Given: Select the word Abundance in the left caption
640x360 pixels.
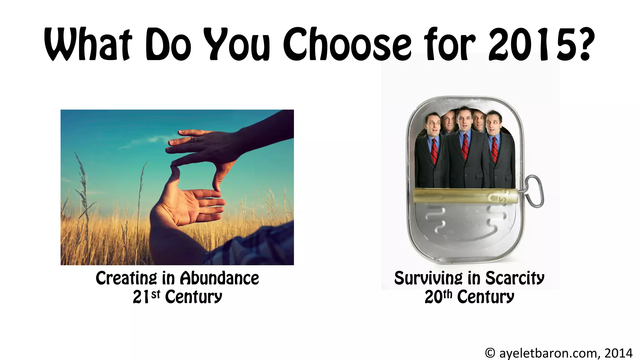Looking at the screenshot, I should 219,278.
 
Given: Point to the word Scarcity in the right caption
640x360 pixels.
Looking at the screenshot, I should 515,278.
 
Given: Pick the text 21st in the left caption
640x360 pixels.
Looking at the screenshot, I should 146,296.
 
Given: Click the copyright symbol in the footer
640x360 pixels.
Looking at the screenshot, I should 490,353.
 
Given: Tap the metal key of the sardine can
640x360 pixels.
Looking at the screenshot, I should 535,191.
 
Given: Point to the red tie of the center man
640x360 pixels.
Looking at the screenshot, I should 465,147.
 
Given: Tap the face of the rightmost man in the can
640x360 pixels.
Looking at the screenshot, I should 493,124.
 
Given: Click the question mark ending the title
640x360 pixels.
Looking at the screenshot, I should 582,44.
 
